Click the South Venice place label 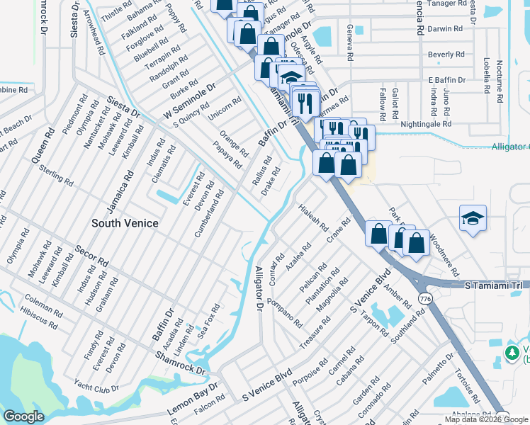125,223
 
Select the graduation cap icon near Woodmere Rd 473,219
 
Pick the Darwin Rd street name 445,29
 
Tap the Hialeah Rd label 313,218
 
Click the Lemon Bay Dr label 192,400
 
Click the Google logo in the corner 24,416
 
